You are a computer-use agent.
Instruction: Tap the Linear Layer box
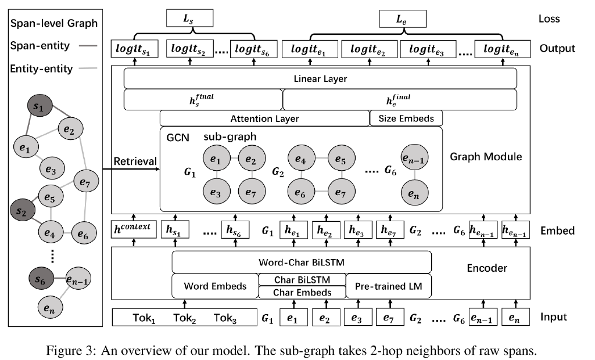click(320, 78)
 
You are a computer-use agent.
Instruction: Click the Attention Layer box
click(264, 118)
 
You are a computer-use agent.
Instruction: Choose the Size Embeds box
click(406, 118)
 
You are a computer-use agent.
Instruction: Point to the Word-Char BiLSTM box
click(302, 261)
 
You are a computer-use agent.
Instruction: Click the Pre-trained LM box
click(388, 286)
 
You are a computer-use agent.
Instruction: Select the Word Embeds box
click(215, 286)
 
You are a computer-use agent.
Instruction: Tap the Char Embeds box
click(302, 292)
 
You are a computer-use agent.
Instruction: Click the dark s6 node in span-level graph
click(40, 280)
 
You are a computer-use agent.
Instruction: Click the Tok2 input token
click(185, 318)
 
